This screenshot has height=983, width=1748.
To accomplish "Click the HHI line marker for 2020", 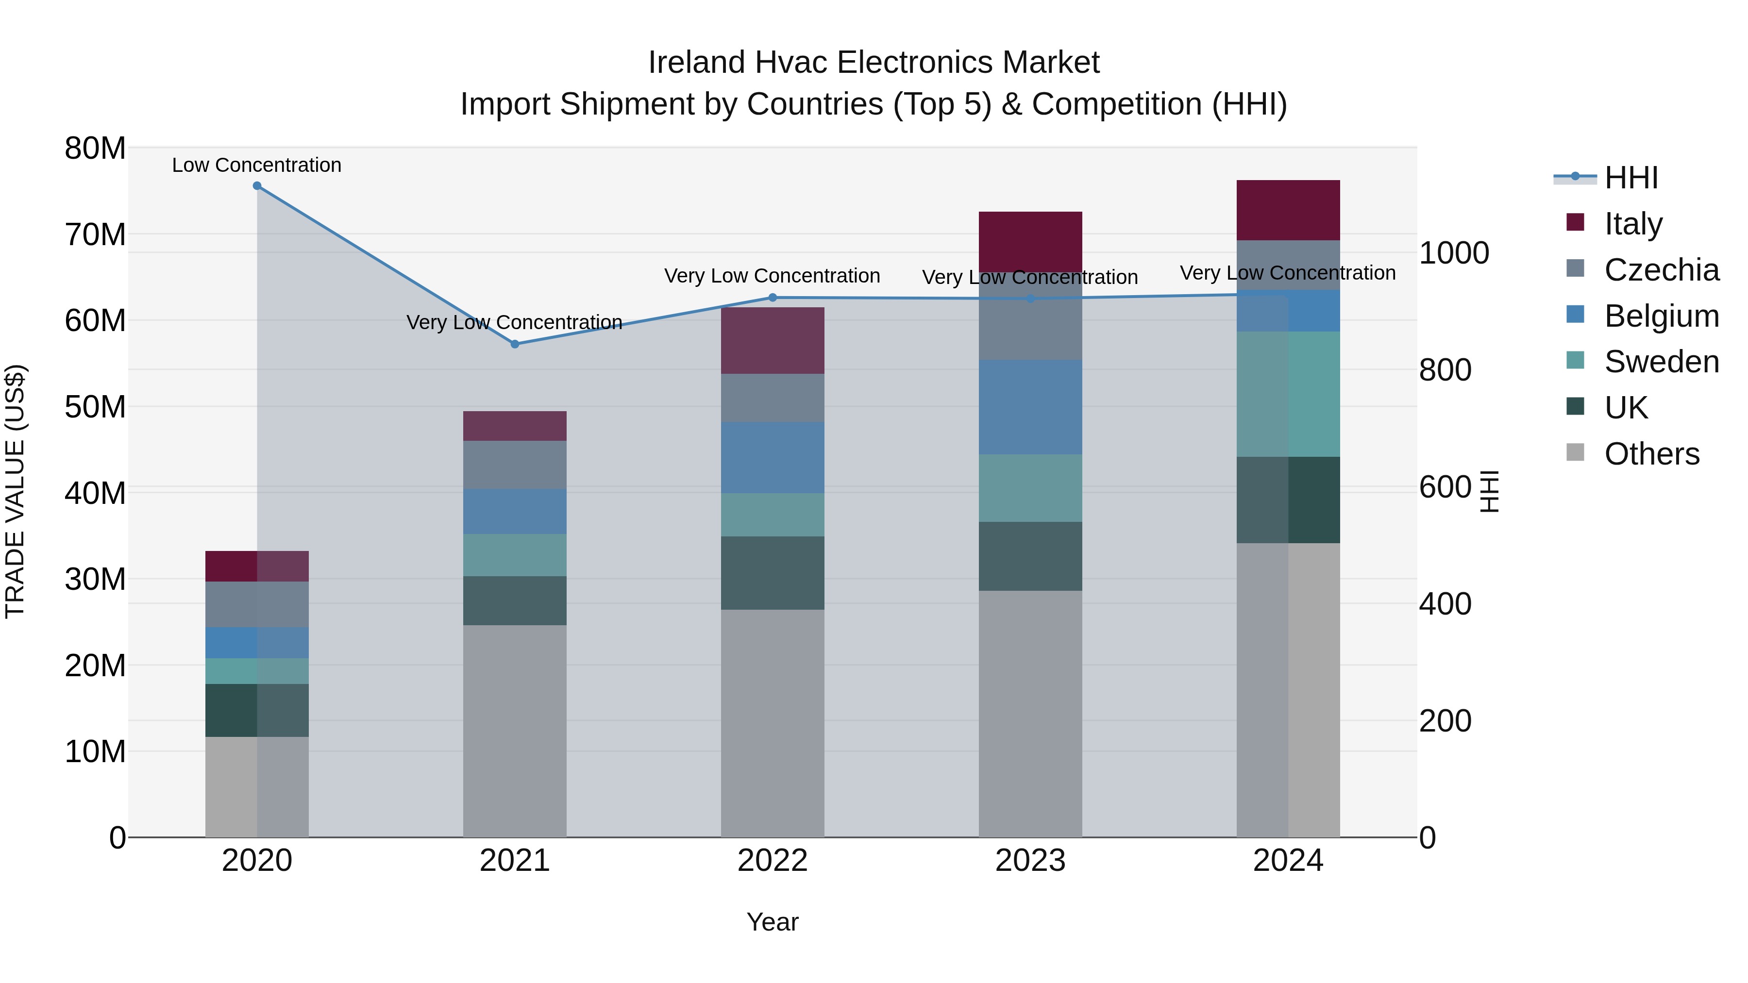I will [x=257, y=186].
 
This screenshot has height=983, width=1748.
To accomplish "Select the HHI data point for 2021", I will [x=515, y=344].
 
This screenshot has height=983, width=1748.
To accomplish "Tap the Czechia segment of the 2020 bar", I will [x=257, y=604].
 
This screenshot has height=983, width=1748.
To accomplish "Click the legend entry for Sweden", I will [x=1661, y=362].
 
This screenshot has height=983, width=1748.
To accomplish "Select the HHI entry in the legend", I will [x=1630, y=178].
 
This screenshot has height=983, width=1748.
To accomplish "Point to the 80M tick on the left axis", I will [x=95, y=148].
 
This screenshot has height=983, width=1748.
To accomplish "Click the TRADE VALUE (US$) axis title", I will [x=15, y=491].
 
